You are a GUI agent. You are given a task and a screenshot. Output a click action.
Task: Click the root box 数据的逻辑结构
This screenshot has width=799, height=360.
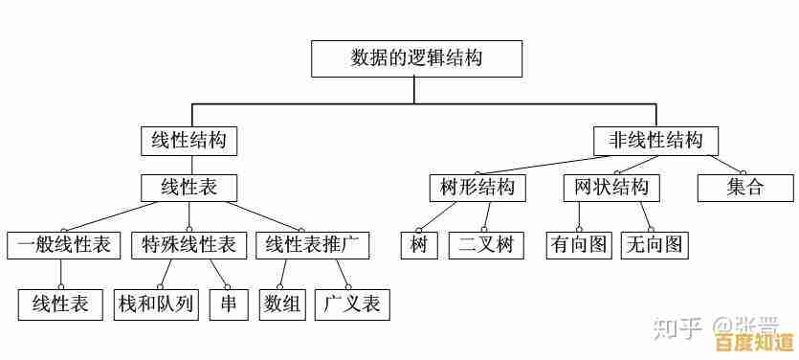point(416,58)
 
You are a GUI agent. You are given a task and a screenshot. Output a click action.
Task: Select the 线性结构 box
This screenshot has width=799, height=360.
point(189,141)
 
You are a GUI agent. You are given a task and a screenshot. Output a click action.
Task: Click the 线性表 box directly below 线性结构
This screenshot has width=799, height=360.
point(189,187)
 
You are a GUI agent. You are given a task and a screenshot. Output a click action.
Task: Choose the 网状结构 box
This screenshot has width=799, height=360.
point(611,187)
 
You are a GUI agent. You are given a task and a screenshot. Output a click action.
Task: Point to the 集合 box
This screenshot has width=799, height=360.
point(745,187)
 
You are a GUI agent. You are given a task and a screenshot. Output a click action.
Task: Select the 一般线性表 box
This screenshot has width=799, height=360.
point(63,244)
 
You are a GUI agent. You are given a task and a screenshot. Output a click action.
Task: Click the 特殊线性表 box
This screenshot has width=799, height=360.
point(189,244)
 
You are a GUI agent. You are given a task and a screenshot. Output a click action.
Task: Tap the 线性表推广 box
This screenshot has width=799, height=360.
point(312,244)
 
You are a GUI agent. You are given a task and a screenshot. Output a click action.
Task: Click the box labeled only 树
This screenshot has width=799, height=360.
point(418,244)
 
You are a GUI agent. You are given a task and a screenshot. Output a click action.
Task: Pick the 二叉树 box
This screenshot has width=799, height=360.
point(485,244)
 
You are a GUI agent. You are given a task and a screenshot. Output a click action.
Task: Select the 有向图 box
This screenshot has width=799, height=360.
point(578,244)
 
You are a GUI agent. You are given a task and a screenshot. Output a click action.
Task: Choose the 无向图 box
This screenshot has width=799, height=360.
point(655,244)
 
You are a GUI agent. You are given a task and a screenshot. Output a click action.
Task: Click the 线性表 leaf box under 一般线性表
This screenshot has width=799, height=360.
point(59,304)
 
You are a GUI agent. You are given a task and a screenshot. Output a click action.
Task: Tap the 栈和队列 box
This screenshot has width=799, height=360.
point(156,304)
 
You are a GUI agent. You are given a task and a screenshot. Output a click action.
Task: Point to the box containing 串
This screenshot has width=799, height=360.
point(229,304)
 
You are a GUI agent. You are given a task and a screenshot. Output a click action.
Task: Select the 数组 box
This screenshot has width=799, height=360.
point(282,304)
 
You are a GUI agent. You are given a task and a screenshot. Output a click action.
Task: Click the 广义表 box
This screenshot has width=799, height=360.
point(352,304)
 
